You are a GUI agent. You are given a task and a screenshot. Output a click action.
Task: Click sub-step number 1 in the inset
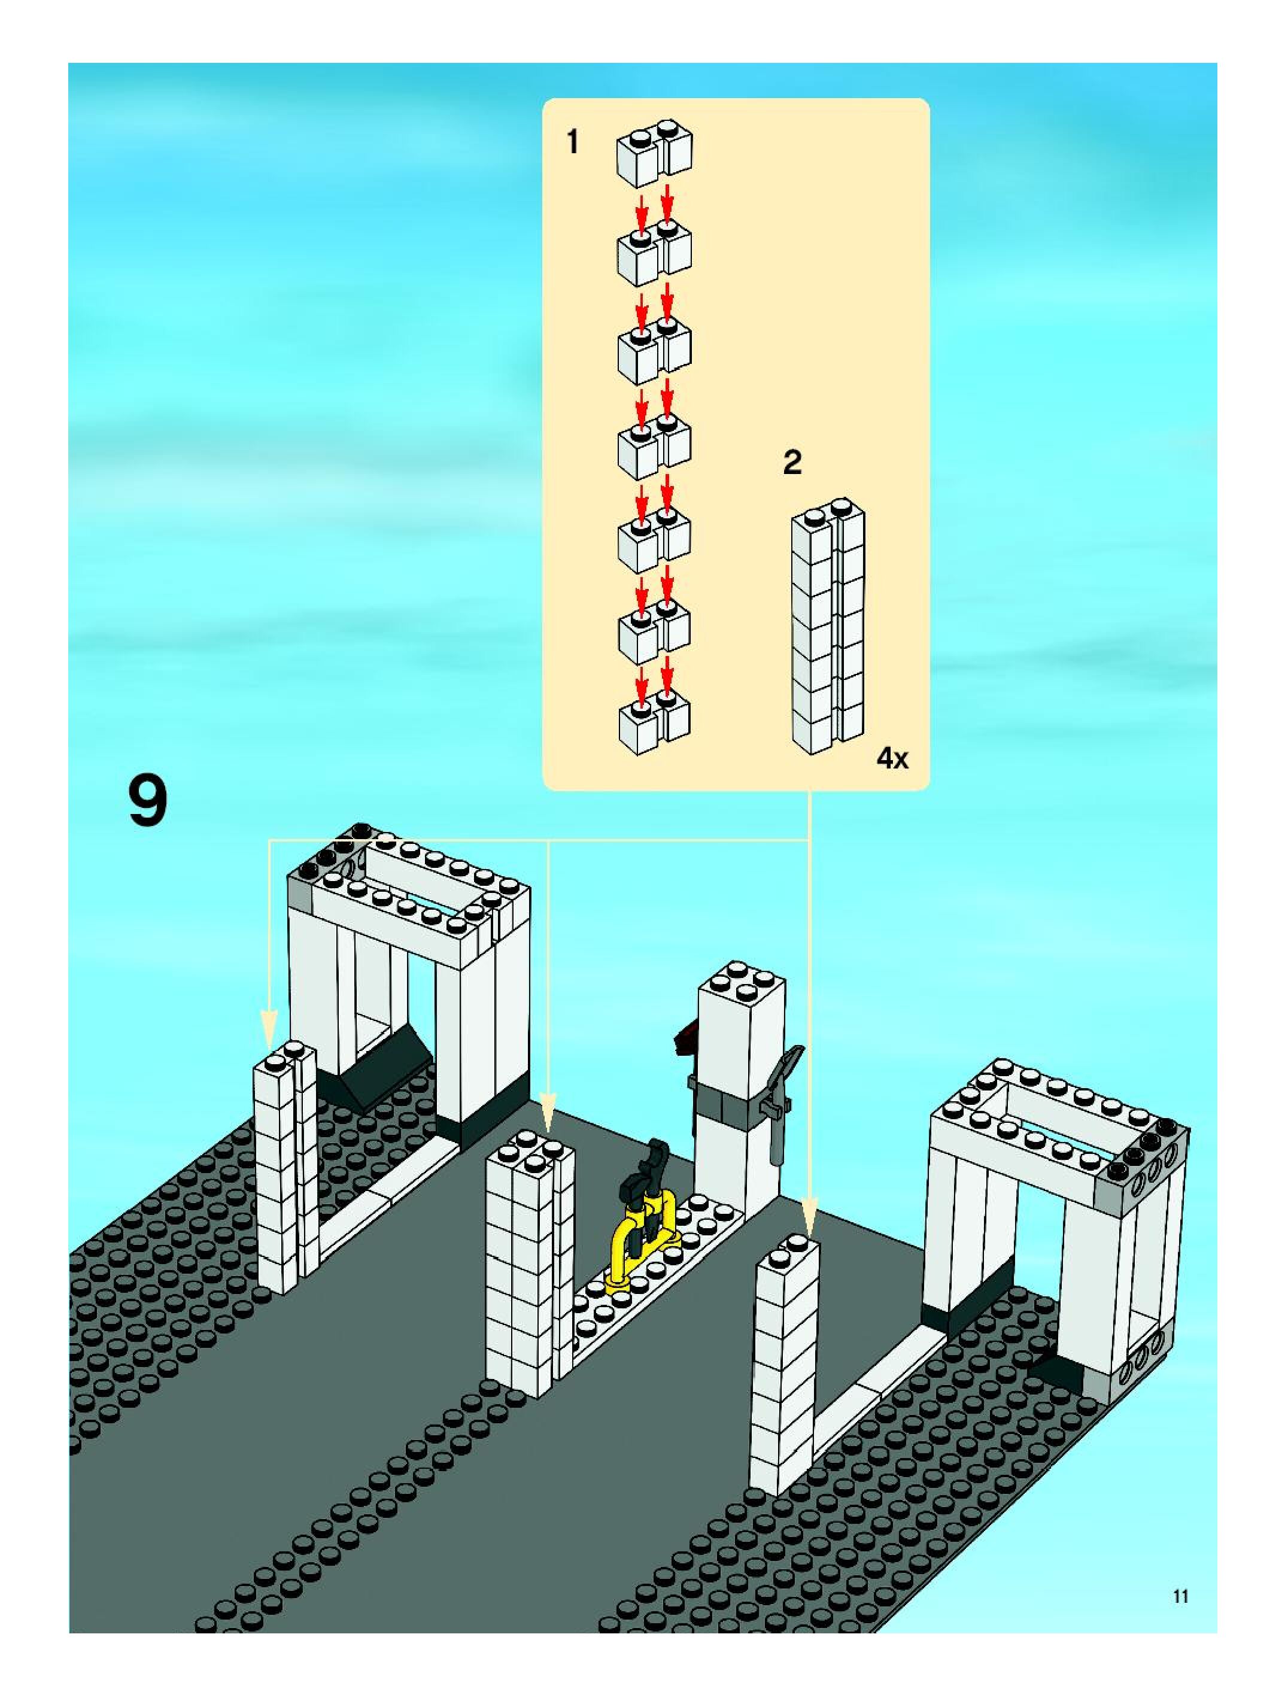click(572, 142)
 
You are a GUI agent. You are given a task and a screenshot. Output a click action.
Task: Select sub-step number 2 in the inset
click(792, 462)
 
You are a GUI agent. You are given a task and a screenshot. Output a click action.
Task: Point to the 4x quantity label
click(892, 759)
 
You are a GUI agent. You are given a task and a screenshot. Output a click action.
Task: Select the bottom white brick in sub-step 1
click(654, 724)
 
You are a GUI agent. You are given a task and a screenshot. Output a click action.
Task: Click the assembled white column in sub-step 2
click(828, 627)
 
